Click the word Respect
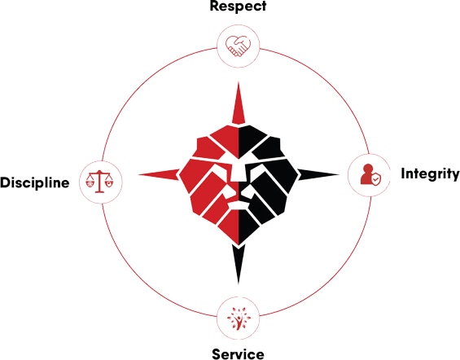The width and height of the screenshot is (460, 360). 238,6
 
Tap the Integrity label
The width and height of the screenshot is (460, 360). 430,174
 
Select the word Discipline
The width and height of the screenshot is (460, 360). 35,182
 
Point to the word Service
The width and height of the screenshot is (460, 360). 238,354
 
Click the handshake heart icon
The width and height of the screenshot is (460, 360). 238,46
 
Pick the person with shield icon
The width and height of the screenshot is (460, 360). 370,175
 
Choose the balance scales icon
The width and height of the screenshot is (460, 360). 99,182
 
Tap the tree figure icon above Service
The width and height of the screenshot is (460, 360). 239,318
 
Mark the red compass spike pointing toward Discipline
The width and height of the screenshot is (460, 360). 159,174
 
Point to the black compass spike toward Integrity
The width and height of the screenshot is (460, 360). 318,174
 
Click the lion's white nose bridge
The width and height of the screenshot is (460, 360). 239,173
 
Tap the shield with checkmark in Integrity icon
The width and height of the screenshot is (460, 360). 376,179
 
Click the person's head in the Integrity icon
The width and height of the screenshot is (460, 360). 367,169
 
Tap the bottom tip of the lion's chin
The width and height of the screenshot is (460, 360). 239,244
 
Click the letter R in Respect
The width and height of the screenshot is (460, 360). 214,6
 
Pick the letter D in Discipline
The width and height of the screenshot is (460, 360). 5,182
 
